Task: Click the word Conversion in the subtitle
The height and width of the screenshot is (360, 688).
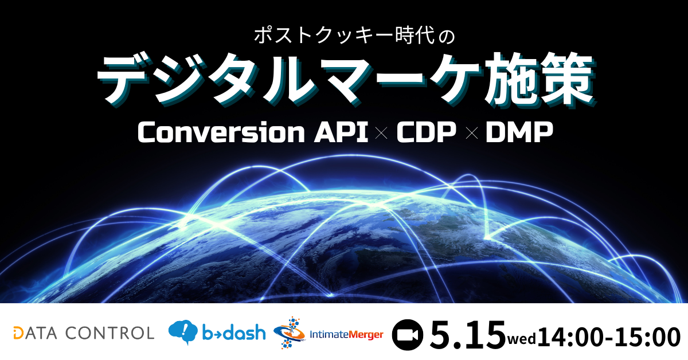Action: click(221, 132)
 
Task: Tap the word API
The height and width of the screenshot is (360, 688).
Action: click(341, 132)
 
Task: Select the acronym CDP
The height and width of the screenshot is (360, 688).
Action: click(427, 132)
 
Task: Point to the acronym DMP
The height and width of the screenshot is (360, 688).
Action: click(519, 132)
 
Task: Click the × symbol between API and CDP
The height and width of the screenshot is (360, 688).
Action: click(382, 134)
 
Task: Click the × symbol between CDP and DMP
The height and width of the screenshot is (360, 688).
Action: click(472, 134)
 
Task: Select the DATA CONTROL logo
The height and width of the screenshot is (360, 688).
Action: click(84, 333)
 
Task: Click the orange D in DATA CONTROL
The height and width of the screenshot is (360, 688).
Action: click(18, 333)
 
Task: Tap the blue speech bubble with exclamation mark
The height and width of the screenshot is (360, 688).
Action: click(183, 332)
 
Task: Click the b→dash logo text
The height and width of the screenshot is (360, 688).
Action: click(234, 332)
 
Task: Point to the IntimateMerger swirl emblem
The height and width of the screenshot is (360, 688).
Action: click(290, 333)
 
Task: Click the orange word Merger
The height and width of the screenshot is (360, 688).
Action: click(366, 335)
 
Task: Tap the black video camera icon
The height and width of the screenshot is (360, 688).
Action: click(407, 335)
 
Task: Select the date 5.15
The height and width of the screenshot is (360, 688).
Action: click(467, 335)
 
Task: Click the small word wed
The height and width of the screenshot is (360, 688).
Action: click(521, 339)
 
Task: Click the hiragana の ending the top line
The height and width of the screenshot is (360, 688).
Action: click(446, 36)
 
